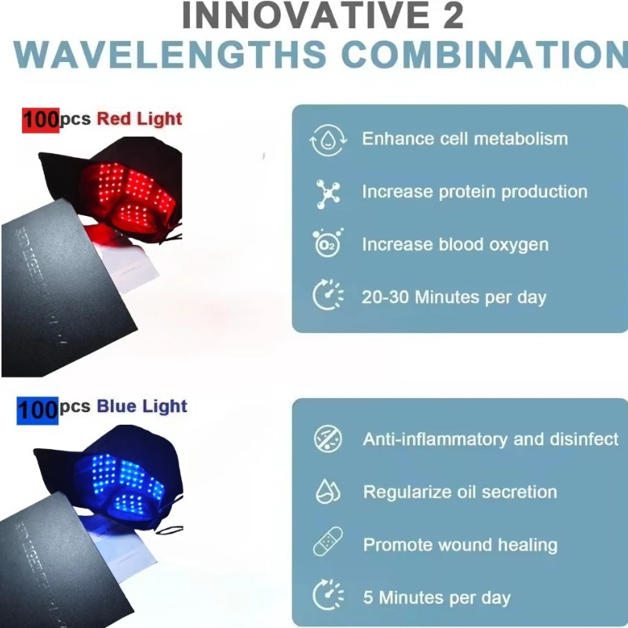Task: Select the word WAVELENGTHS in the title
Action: click(x=170, y=53)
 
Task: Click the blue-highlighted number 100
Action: click(x=37, y=408)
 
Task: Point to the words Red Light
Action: click(x=139, y=119)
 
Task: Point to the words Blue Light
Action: click(x=142, y=407)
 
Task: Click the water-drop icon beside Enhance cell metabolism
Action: click(x=327, y=140)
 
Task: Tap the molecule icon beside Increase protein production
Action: click(x=327, y=192)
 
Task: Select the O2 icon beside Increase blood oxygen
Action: click(x=327, y=245)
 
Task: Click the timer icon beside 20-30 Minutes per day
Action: click(x=327, y=298)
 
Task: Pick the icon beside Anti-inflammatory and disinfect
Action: click(x=327, y=439)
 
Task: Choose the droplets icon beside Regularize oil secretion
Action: click(x=327, y=492)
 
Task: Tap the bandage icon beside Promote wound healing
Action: click(x=327, y=545)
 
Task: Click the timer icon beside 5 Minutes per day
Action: click(x=327, y=597)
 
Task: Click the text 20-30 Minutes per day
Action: click(x=454, y=298)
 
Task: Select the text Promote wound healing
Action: click(x=460, y=545)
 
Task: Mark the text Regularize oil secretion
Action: click(x=460, y=492)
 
